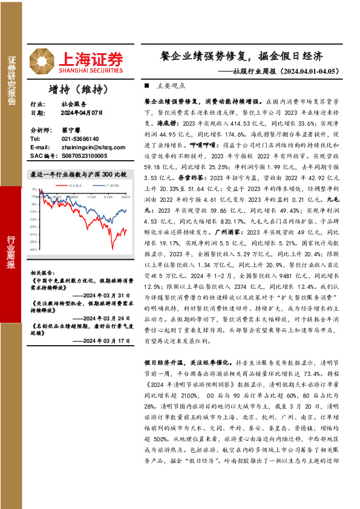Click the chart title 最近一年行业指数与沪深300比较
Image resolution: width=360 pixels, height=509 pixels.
[79, 174]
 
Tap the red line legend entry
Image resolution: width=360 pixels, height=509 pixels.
[72, 185]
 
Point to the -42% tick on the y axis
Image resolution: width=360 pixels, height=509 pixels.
[35, 248]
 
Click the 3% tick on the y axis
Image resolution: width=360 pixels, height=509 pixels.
[36, 189]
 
